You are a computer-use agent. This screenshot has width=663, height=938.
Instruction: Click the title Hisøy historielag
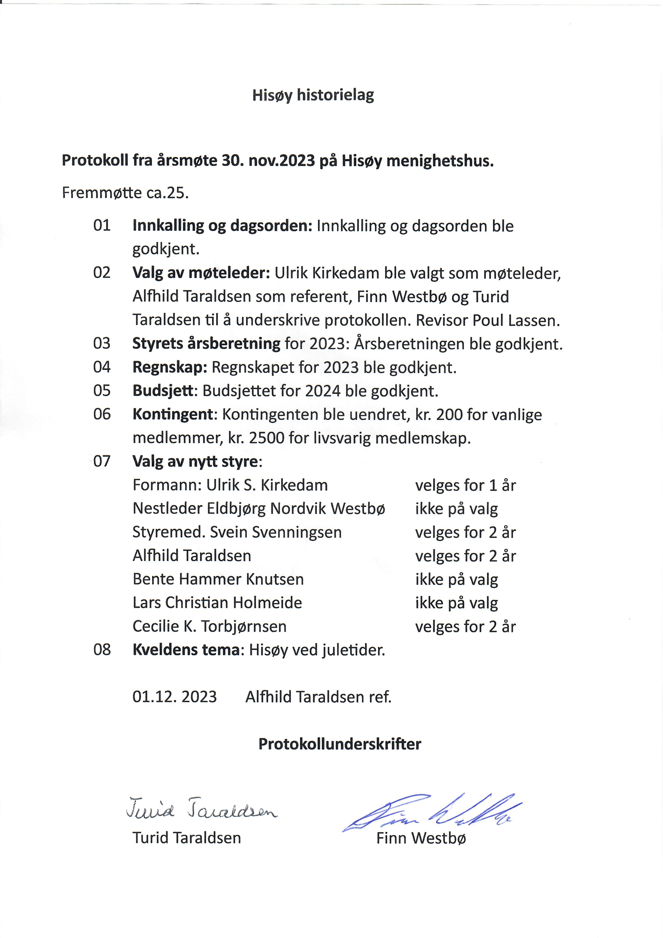point(313,95)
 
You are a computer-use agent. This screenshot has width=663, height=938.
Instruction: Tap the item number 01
point(102,225)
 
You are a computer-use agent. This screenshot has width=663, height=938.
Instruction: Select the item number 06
point(102,414)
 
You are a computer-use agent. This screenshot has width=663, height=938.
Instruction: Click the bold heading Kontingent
point(173,415)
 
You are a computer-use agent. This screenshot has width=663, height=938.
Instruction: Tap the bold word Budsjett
point(163,391)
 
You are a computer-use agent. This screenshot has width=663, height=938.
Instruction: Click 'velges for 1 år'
point(465,485)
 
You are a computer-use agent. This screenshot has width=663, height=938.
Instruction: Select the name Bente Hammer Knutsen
point(218,579)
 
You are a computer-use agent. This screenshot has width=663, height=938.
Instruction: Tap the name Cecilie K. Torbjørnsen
point(210,626)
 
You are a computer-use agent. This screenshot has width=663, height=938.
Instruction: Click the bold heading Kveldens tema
point(186,650)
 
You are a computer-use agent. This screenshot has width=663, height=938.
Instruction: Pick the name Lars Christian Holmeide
point(217,603)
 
